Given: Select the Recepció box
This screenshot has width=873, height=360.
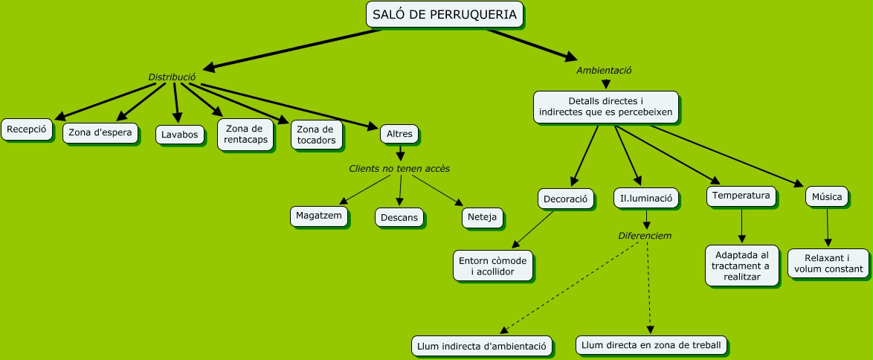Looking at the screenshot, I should pos(28,129).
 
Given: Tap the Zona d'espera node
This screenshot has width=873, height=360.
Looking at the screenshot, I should pos(100,133).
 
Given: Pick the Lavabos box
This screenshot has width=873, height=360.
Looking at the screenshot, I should pos(180,135).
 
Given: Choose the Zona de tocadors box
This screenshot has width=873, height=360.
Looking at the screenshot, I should pos(316,135).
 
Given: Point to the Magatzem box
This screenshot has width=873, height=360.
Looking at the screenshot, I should pos(319,216).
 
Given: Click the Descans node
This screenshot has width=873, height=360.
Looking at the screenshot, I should pos(400,218).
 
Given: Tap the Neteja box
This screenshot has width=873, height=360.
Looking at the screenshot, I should pos(483,217).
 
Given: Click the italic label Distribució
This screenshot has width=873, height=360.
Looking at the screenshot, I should pos(172,77).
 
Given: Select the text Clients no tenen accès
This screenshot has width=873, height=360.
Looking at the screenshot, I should pos(399,169).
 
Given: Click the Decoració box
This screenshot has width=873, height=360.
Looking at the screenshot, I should pos(566,199).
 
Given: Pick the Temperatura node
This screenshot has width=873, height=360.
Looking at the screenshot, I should pos(741,196).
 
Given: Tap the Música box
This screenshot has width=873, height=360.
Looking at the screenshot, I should pos(827,197).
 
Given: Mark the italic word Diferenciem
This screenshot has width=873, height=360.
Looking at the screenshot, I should pos(645,236).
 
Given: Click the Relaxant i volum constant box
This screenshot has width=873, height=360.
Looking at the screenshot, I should pos(827,263).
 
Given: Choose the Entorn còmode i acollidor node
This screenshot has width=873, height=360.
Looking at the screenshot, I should pos(494,266).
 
